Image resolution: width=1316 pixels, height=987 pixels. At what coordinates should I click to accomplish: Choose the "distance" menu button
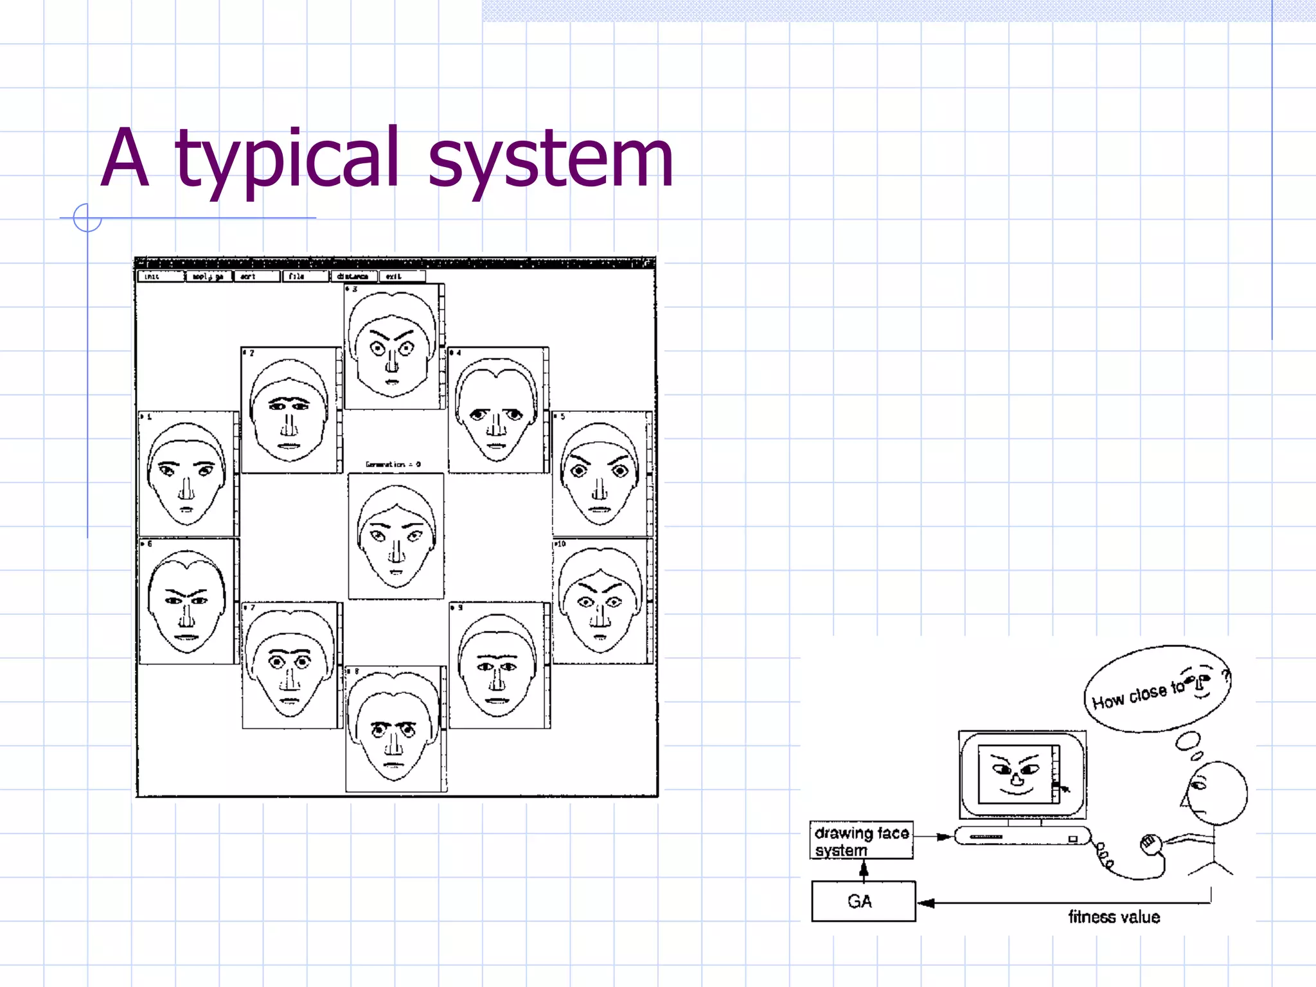tap(353, 276)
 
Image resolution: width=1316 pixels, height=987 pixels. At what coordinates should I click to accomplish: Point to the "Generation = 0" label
tap(393, 464)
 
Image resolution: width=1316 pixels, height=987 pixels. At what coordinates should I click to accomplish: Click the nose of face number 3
tap(392, 361)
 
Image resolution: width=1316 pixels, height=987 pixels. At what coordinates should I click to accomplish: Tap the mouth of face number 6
tap(187, 637)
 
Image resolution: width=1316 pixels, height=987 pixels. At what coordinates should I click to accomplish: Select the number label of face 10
tap(560, 544)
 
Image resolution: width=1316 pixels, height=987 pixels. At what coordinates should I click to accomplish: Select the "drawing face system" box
tap(861, 840)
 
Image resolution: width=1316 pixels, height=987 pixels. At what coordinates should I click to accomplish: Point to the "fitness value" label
tap(1114, 917)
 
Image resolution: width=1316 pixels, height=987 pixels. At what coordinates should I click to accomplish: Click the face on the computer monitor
tap(1016, 774)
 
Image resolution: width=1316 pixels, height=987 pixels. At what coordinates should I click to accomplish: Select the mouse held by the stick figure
tap(1150, 842)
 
